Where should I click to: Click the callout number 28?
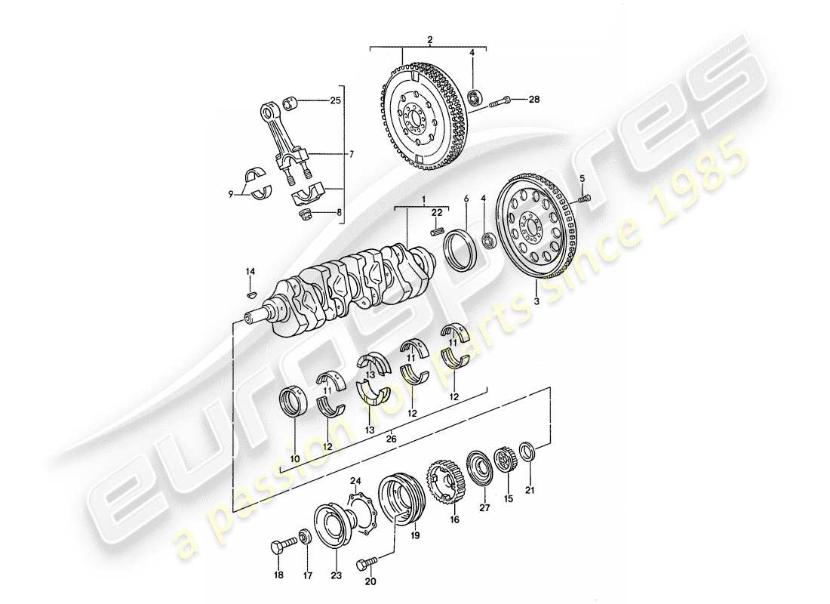tap(534, 100)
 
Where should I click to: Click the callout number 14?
tap(251, 270)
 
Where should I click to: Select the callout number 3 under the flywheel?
tap(536, 301)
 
